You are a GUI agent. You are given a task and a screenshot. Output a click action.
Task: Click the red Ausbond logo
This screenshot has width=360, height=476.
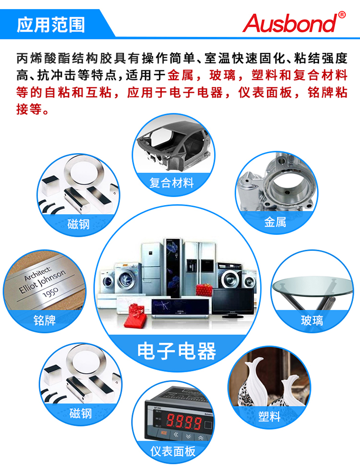click(x=290, y=24)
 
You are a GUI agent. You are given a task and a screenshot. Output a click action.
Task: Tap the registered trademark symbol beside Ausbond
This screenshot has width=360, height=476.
click(x=342, y=14)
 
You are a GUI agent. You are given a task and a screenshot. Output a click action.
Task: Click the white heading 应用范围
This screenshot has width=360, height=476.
click(x=51, y=25)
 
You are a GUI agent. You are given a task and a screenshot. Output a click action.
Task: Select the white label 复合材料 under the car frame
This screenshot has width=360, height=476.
click(x=172, y=183)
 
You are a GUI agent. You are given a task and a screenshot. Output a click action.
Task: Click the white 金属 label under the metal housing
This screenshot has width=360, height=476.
click(x=275, y=222)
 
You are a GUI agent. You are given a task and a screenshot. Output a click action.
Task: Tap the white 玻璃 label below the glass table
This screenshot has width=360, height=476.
click(x=312, y=320)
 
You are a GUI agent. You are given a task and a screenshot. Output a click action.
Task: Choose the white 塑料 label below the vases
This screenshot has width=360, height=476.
click(x=269, y=416)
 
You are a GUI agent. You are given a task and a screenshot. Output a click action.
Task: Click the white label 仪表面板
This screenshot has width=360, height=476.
click(x=173, y=451)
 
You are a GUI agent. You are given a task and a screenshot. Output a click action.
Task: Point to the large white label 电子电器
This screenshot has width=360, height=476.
click(x=177, y=351)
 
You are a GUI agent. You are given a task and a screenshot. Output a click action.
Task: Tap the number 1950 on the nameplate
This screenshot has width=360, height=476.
click(x=50, y=293)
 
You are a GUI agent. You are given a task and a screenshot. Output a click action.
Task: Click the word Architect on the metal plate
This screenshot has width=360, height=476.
click(x=38, y=274)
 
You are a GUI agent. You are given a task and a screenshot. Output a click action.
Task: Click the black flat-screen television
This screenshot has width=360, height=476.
click(x=233, y=303)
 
